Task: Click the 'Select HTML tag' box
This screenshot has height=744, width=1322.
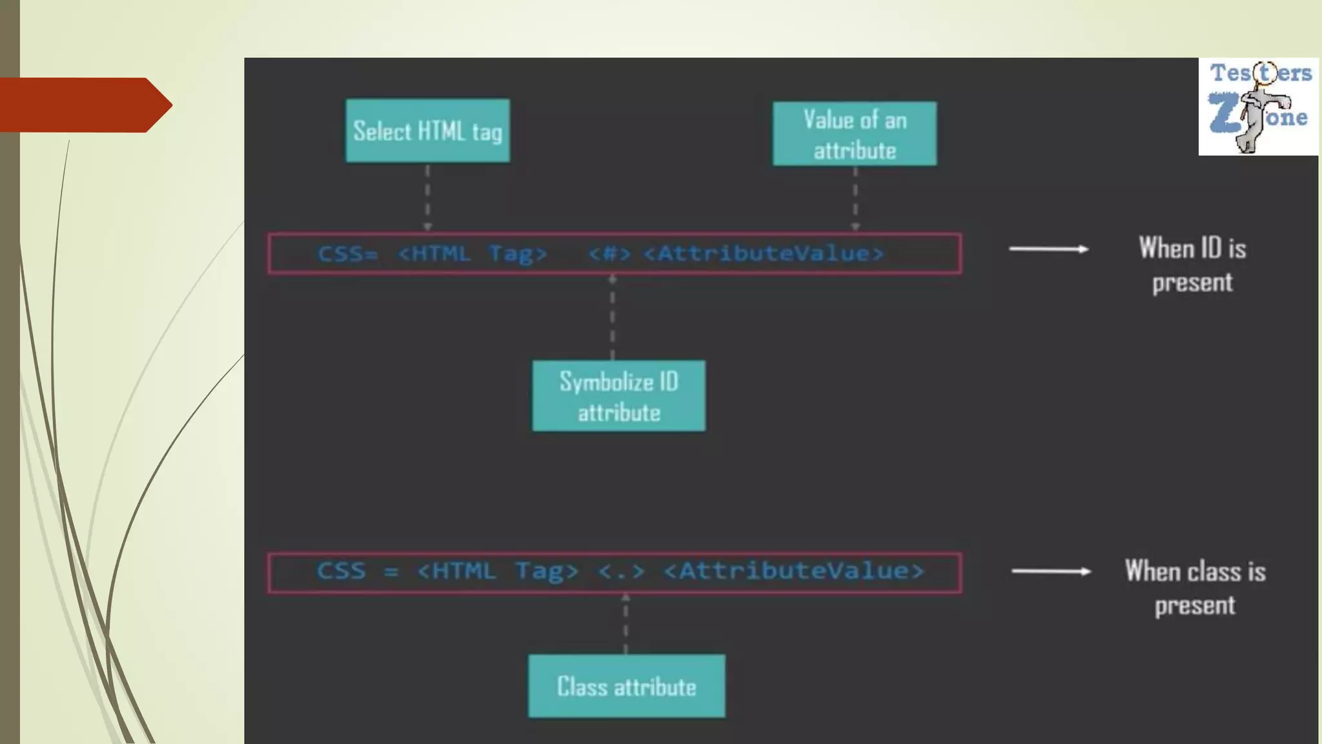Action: (427, 130)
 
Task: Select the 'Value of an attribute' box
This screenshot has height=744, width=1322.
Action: (855, 134)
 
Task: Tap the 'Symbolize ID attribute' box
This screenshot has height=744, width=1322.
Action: (618, 396)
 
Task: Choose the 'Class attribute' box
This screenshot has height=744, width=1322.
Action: (626, 686)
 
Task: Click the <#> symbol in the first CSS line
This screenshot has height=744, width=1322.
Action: (609, 253)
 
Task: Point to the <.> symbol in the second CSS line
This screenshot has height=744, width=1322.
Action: (621, 572)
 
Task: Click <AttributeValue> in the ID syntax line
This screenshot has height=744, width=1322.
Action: (764, 253)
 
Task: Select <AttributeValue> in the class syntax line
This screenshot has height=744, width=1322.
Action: (794, 572)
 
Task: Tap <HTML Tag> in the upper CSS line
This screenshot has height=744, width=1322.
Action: (473, 253)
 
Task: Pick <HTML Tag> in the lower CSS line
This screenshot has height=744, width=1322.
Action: (498, 572)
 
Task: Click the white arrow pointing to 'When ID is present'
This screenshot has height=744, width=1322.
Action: (1049, 249)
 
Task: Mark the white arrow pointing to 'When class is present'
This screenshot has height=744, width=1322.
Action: (1051, 571)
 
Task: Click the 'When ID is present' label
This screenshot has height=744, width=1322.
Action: (1192, 265)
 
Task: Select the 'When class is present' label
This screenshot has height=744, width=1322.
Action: (1195, 588)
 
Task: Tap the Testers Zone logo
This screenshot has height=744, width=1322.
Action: (1258, 107)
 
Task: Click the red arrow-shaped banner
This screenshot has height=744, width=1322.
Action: (84, 105)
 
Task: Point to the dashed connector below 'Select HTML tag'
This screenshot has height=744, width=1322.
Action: (427, 197)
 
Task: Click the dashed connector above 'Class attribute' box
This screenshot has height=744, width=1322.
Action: (625, 624)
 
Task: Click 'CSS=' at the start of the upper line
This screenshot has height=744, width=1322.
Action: (347, 253)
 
